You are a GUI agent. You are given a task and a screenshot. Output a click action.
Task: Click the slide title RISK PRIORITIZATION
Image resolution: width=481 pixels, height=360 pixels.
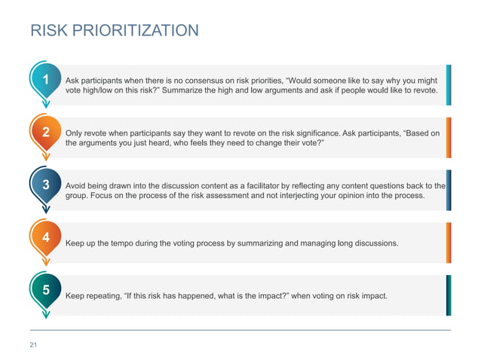114,31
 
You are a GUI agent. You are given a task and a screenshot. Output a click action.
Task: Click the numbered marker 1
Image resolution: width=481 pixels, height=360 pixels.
46,80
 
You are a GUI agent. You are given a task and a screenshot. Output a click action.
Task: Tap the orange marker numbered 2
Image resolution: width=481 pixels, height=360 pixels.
46,133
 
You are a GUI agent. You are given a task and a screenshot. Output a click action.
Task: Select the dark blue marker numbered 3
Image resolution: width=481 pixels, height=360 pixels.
46,185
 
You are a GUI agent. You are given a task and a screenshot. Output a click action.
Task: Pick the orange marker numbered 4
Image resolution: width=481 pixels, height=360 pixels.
46,237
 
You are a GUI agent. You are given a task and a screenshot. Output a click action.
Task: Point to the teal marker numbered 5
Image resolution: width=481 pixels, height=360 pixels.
46,289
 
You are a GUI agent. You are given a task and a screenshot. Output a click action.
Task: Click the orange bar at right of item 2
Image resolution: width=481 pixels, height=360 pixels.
449,137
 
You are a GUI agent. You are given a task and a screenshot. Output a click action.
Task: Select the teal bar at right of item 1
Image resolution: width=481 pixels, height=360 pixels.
449,84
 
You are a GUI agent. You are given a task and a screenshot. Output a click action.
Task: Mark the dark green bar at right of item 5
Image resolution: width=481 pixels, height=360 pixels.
449,295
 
